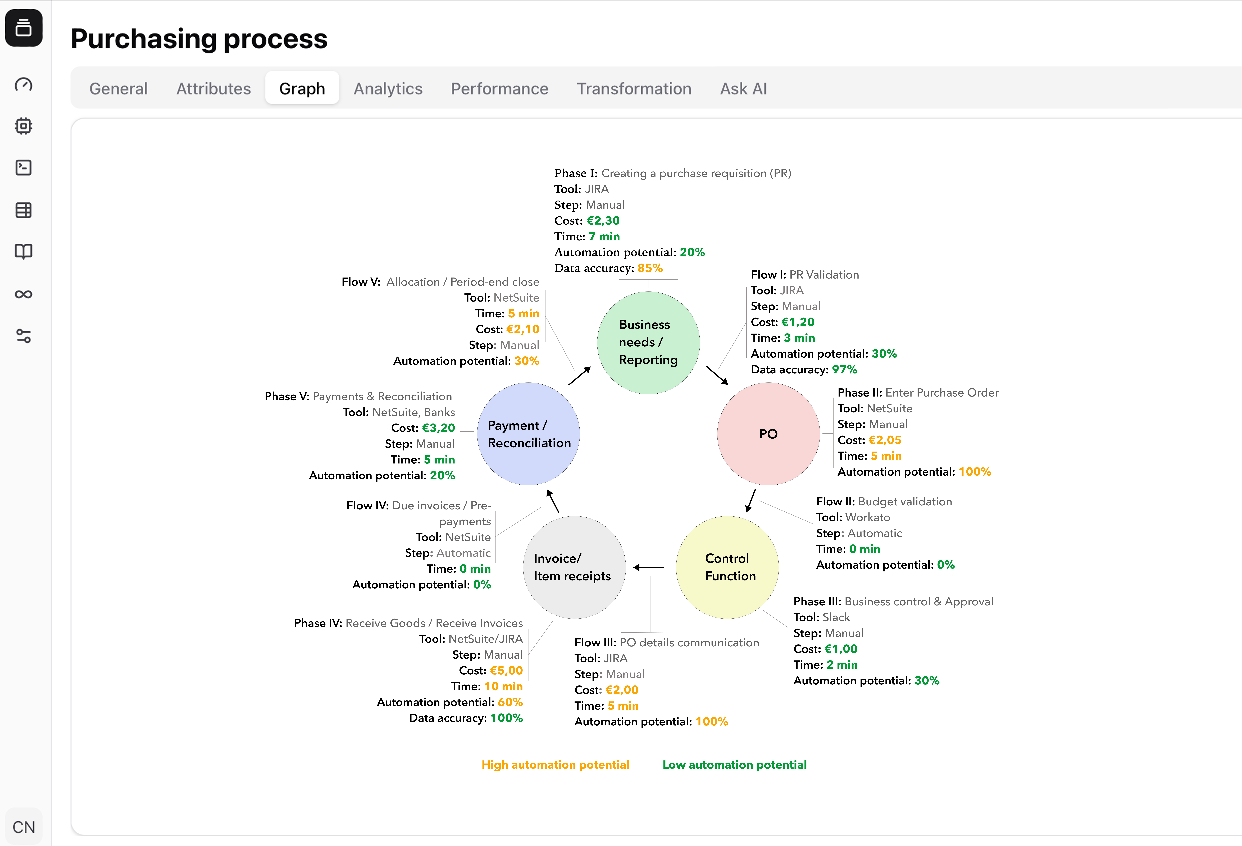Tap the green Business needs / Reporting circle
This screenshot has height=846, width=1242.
click(x=648, y=343)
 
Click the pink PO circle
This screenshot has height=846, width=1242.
click(x=768, y=434)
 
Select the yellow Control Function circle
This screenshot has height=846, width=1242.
click(x=727, y=567)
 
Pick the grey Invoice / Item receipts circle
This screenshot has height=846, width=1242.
click(x=575, y=567)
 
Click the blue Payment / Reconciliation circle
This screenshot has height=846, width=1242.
click(x=529, y=434)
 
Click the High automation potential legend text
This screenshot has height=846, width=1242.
click(x=555, y=765)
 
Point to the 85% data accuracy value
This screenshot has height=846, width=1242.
click(x=650, y=268)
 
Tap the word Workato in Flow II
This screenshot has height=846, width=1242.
click(x=868, y=517)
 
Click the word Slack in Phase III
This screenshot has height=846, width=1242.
click(x=836, y=617)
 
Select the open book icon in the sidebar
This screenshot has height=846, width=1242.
click(x=24, y=252)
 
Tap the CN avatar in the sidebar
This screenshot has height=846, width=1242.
click(x=24, y=827)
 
